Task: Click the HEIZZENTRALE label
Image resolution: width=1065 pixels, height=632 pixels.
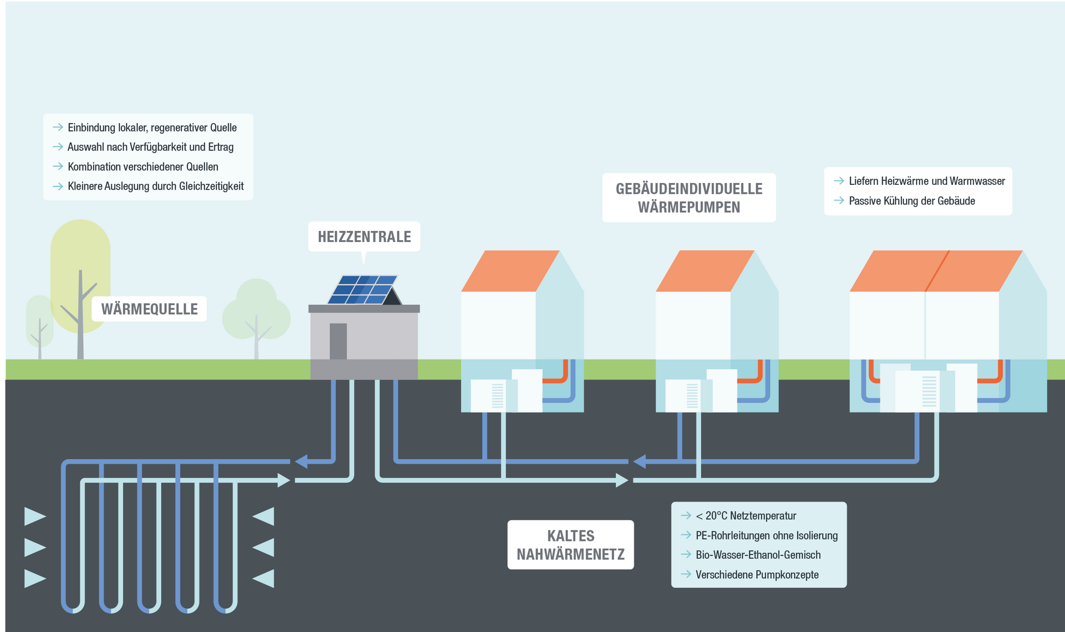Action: (364, 237)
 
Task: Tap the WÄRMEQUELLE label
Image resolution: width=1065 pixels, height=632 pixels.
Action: (149, 309)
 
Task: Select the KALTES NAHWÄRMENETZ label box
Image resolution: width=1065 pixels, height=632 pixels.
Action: (570, 544)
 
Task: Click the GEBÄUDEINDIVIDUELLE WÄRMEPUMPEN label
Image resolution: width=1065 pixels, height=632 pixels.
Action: (689, 198)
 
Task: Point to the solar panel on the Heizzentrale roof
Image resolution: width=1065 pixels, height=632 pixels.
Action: (363, 290)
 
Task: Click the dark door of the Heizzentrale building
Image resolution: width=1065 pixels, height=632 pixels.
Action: (338, 341)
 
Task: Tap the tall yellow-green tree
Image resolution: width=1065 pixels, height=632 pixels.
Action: (80, 261)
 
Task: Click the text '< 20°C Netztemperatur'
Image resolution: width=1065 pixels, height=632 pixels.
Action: (745, 515)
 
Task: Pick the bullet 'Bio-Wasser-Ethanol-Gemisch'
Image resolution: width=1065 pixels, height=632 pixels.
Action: (758, 555)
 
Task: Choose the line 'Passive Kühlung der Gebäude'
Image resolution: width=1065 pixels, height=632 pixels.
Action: (911, 201)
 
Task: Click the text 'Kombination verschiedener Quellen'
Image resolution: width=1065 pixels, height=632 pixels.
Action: (143, 166)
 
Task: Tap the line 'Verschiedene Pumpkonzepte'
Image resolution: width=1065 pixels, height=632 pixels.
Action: (757, 575)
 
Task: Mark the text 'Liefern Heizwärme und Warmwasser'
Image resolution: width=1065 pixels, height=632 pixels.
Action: (926, 181)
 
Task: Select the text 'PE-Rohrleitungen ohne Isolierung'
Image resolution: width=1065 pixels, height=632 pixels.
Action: (766, 535)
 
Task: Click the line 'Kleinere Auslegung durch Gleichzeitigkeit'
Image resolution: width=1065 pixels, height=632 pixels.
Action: (155, 186)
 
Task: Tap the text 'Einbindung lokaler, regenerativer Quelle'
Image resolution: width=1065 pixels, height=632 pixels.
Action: (152, 128)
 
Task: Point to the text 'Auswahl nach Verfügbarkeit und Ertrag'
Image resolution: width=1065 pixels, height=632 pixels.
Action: (150, 147)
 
